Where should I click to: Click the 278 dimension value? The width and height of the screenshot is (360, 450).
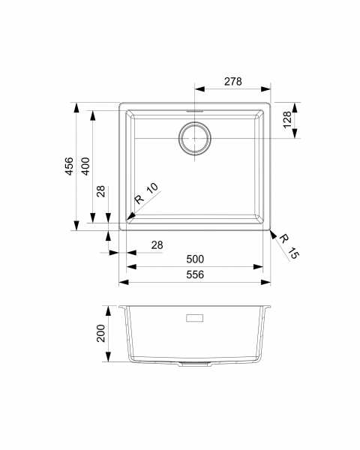[232, 82]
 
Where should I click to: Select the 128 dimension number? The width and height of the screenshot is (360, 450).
[287, 120]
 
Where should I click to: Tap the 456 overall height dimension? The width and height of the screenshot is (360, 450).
[69, 166]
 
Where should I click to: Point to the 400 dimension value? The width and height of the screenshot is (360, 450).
[85, 166]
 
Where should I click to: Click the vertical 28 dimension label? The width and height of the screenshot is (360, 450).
[100, 191]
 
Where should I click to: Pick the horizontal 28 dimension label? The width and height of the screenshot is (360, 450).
[157, 245]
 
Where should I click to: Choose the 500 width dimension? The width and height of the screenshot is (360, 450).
[195, 259]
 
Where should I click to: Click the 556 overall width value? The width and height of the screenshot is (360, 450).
[195, 274]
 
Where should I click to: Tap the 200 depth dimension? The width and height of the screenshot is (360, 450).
[100, 333]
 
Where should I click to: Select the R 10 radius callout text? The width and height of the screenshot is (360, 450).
[147, 193]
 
